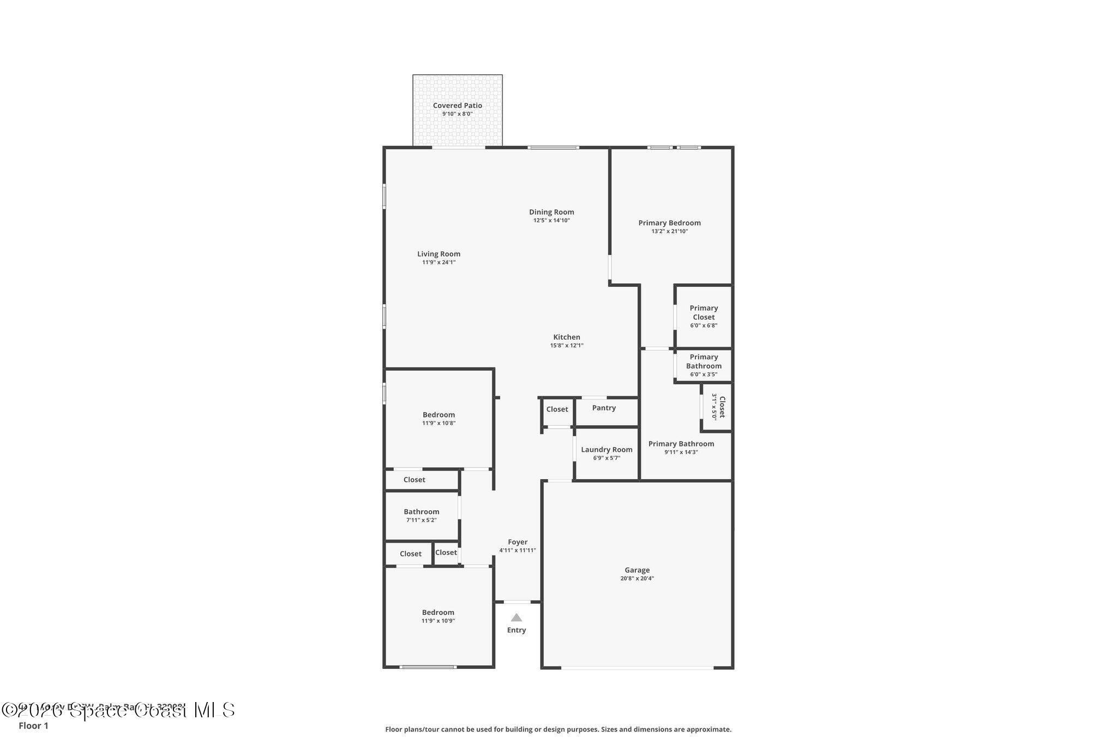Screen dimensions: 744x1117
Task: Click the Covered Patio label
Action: point(457,106)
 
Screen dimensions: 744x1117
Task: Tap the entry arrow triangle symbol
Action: point(516,618)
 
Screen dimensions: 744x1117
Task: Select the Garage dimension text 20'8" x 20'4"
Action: point(636,578)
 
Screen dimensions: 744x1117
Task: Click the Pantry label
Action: point(604,408)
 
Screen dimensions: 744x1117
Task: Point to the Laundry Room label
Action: point(606,450)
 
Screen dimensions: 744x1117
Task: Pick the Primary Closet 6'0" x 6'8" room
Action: point(704,316)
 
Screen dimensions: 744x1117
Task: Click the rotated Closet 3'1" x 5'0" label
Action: point(718,407)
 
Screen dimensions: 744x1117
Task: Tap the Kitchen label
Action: point(567,337)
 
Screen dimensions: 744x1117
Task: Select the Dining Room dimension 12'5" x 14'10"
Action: point(551,220)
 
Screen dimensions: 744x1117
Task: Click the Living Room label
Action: point(439,254)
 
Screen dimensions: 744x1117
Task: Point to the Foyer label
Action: point(518,542)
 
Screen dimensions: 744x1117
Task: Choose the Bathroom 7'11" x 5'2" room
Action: point(421,515)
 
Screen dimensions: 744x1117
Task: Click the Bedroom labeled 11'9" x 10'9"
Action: point(438,616)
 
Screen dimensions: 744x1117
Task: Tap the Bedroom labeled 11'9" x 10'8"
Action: point(439,418)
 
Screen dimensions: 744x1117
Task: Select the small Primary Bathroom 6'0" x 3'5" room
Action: point(704,365)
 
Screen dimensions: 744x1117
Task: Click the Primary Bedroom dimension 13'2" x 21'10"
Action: point(669,231)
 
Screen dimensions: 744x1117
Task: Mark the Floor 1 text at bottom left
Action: point(33,725)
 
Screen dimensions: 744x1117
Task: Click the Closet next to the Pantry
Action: point(557,409)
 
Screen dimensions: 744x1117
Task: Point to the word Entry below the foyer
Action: point(516,630)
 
